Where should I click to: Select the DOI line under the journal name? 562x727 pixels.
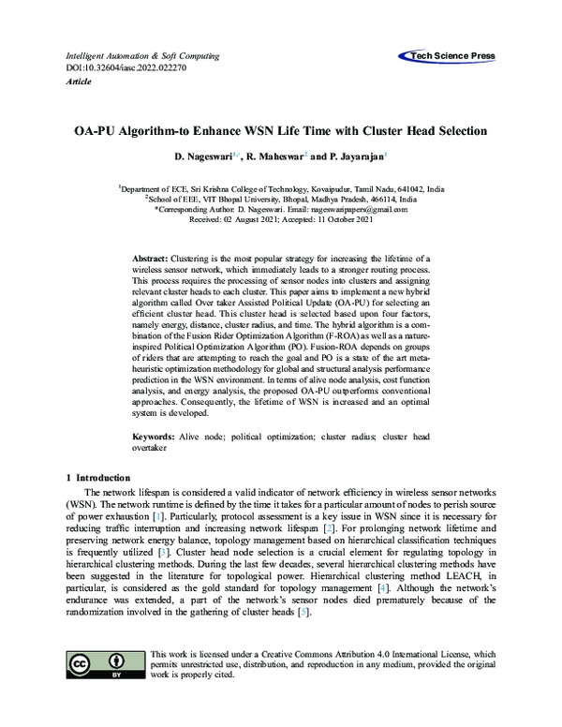tap(116, 69)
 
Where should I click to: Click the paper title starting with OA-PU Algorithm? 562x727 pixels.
tap(281, 132)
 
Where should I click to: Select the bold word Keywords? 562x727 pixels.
tap(154, 437)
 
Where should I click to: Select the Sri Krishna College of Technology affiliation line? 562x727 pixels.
tap(281, 188)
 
